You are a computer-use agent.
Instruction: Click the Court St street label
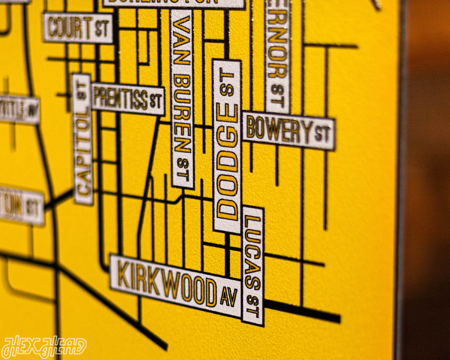pyautogui.click(x=77, y=28)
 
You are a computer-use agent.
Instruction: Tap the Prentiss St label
pyautogui.click(x=128, y=99)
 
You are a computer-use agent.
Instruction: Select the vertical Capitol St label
pyautogui.click(x=83, y=139)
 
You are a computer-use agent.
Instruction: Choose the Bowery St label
pyautogui.click(x=288, y=131)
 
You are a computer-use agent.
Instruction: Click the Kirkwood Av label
pyautogui.click(x=175, y=287)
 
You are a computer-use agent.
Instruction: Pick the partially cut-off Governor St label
pyautogui.click(x=277, y=53)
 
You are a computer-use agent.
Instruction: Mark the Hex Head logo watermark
pyautogui.click(x=44, y=347)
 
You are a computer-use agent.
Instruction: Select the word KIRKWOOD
pyautogui.click(x=167, y=284)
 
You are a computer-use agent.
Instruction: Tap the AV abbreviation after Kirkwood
pyautogui.click(x=229, y=297)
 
